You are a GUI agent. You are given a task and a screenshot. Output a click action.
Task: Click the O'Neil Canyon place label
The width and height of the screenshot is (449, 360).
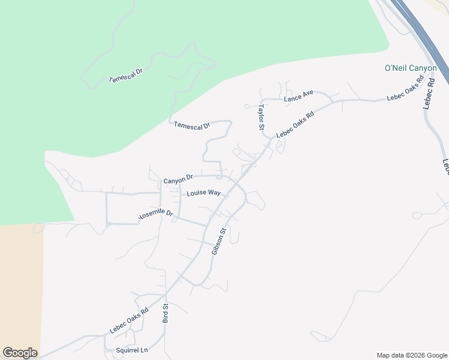click(411, 68)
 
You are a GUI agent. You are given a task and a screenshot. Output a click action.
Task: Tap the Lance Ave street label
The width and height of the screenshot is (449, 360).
click(299, 95)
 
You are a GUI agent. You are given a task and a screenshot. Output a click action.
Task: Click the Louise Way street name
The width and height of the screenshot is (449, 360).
click(203, 193)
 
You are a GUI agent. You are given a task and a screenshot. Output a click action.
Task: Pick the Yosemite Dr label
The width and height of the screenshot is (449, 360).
click(155, 214)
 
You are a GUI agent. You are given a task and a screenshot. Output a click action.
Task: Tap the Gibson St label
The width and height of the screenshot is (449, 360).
click(218, 241)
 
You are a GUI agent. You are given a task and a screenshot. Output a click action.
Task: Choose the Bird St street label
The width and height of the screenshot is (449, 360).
click(166, 313)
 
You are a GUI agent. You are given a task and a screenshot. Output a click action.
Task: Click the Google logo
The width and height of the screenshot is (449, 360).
click(20, 353)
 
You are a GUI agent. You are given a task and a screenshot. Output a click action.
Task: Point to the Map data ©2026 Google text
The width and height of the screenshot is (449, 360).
click(412, 355)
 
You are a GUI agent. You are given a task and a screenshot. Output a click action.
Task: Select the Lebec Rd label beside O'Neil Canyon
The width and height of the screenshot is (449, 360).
click(429, 92)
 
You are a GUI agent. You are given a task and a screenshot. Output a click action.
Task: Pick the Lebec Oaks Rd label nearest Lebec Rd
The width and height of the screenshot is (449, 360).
click(405, 89)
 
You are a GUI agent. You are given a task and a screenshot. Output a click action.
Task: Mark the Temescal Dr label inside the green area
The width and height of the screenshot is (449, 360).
click(125, 76)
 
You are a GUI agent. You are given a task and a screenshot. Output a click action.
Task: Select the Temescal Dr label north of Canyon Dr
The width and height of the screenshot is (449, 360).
click(192, 125)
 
